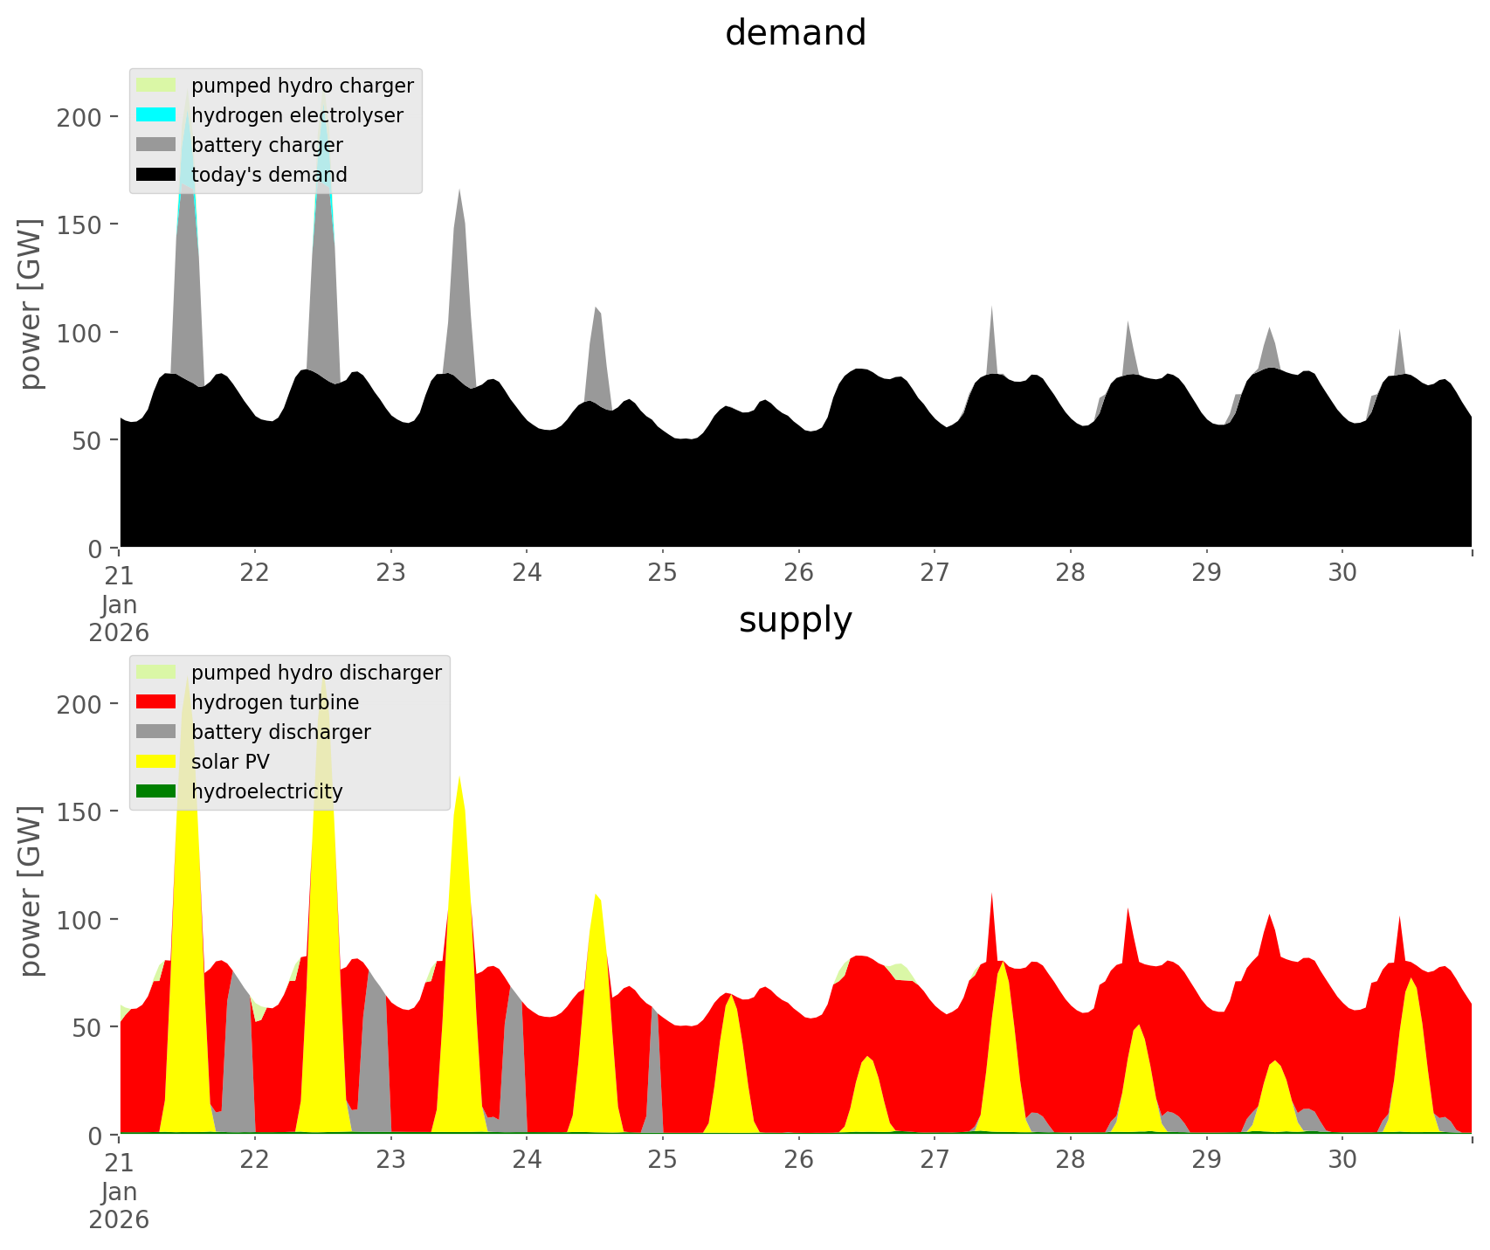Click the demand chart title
[795, 33]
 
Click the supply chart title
[795, 620]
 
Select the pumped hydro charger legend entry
[301, 86]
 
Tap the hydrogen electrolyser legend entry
[296, 115]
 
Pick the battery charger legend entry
[266, 145]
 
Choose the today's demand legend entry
[268, 175]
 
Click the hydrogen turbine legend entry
[274, 702]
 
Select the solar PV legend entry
[230, 762]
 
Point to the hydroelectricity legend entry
[266, 791]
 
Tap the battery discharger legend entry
[280, 732]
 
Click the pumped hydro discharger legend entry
[315, 673]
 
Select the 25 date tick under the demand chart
[663, 573]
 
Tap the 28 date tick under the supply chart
[1071, 1160]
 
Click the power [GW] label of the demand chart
[31, 304]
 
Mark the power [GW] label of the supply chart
[31, 891]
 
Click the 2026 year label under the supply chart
[119, 1219]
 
